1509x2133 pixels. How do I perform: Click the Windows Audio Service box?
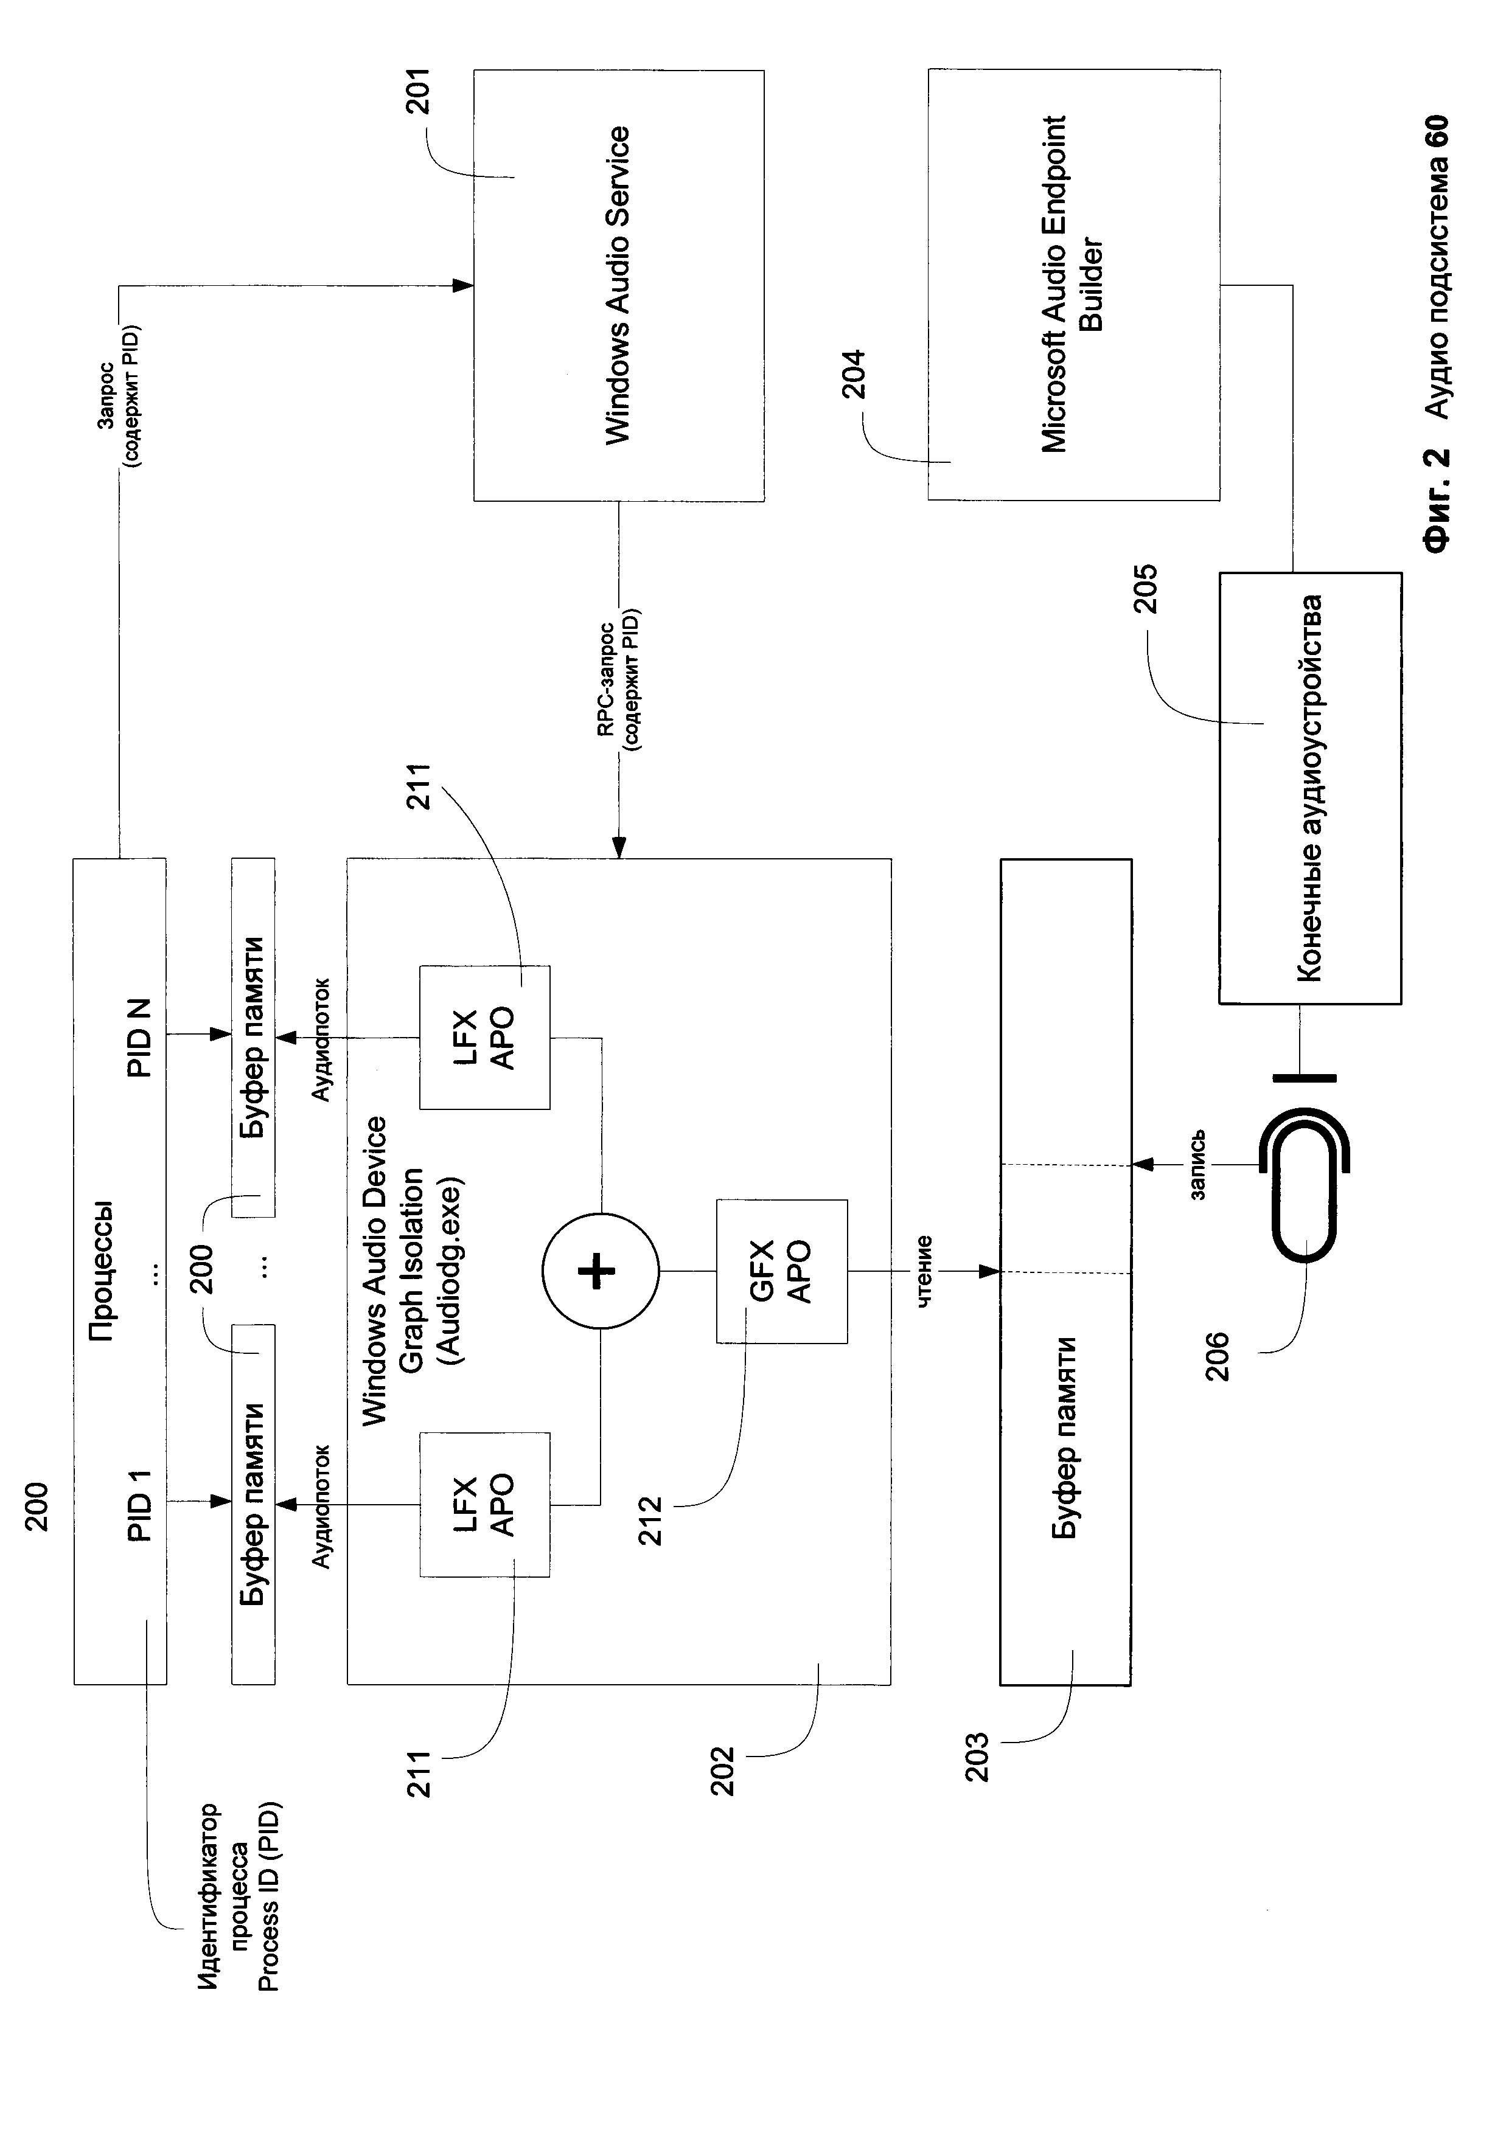point(619,285)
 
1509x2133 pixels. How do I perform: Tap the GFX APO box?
point(781,1271)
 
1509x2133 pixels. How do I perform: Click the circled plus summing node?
point(601,1271)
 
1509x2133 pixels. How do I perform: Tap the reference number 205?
point(1148,588)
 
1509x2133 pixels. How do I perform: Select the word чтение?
point(924,1272)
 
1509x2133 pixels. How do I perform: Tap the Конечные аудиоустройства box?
point(1310,788)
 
